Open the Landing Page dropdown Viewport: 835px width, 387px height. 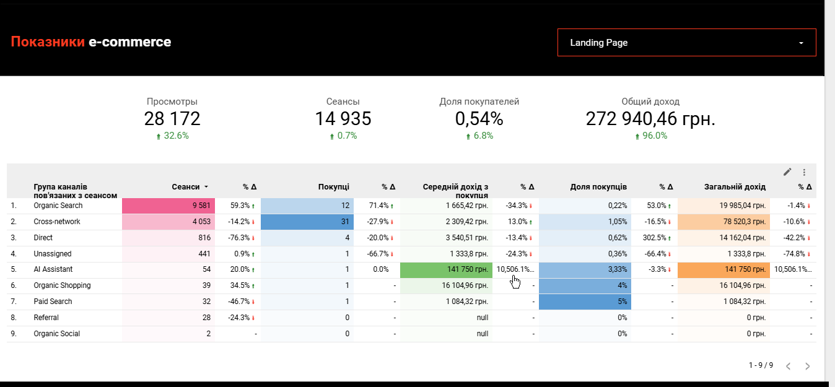coord(686,43)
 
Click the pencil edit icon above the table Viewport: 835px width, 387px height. coord(787,172)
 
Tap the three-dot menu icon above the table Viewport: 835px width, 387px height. coord(804,172)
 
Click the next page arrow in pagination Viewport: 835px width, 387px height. coord(807,366)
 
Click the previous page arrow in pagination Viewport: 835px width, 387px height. coord(788,366)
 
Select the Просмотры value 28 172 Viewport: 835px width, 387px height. coord(172,119)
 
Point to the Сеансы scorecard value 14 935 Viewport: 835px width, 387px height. coord(343,119)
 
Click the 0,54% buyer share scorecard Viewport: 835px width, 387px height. coord(479,119)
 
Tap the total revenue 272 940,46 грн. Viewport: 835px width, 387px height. coord(650,119)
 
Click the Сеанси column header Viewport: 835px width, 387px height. coord(186,186)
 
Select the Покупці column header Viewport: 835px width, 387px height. coord(334,186)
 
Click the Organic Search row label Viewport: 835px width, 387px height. coord(58,206)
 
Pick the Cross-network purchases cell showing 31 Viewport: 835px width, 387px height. coord(307,222)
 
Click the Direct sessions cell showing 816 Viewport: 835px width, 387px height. coord(168,238)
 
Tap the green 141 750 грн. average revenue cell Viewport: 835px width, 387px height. coord(446,269)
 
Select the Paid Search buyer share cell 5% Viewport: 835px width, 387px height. coord(585,302)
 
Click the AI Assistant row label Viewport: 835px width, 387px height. coord(53,269)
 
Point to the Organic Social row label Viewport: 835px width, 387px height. coord(56,334)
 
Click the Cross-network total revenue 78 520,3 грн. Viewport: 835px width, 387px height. coord(724,222)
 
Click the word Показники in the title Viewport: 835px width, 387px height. coord(48,41)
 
